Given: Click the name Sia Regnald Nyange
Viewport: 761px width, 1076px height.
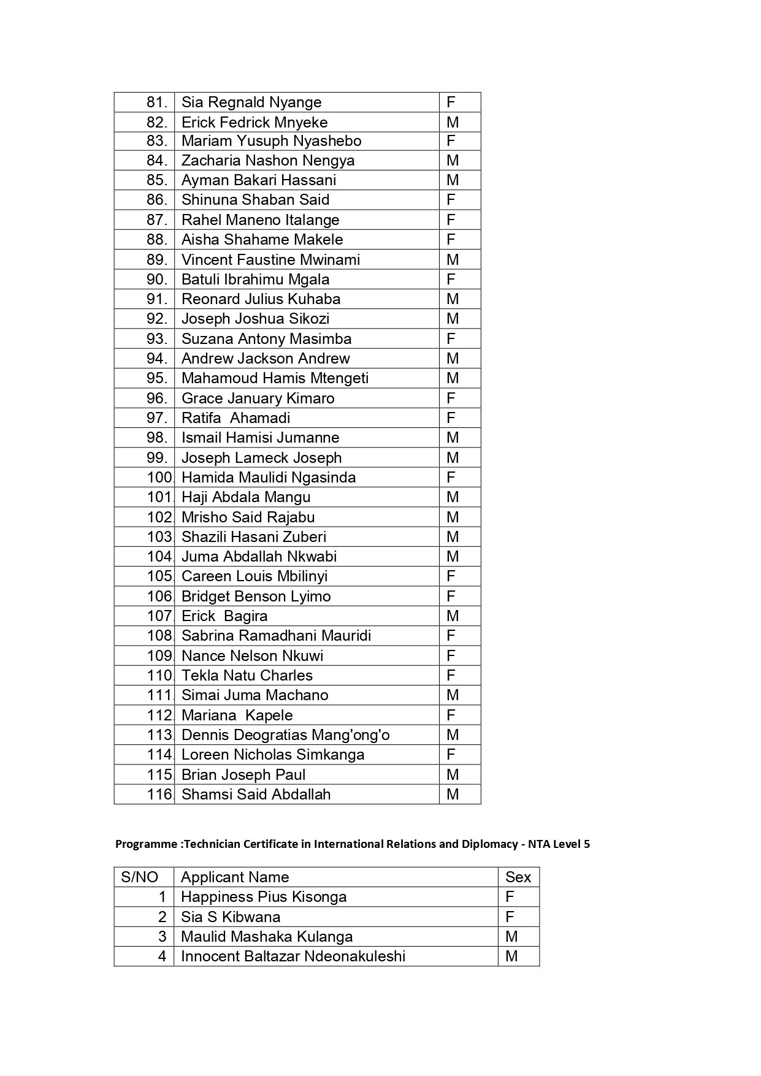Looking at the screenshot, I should point(251,102).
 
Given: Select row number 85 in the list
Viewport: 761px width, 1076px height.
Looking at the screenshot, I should point(157,180).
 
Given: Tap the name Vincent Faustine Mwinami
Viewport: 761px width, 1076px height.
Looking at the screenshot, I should point(270,260).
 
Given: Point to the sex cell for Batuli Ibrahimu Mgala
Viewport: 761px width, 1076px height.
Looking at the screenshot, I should point(451,280).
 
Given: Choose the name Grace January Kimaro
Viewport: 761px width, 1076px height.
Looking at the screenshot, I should point(258,399).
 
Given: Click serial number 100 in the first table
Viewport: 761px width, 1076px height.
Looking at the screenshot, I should point(161,478).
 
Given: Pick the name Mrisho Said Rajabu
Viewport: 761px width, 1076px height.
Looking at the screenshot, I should point(248,517).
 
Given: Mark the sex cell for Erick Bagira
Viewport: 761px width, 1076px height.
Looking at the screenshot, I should point(453,616).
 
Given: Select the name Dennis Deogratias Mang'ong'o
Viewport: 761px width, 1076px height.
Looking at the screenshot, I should point(285,735).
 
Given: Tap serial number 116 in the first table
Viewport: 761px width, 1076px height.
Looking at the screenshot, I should point(161,795).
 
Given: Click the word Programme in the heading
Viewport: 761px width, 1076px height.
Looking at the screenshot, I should point(146,844).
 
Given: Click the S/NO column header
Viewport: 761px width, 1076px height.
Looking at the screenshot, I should point(140,877).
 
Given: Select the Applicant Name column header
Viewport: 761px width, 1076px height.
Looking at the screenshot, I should point(235,877).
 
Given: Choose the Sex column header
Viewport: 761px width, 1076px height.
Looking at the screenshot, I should point(518,877).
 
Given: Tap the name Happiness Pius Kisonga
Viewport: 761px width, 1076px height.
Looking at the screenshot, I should point(264,897).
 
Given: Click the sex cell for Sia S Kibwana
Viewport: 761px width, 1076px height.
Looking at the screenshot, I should point(510,917).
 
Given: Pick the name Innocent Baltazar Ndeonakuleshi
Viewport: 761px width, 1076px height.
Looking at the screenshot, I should point(293,956).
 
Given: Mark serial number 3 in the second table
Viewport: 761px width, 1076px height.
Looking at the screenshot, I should point(162,937).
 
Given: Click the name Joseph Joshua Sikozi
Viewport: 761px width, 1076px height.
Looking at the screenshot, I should point(255,319).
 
